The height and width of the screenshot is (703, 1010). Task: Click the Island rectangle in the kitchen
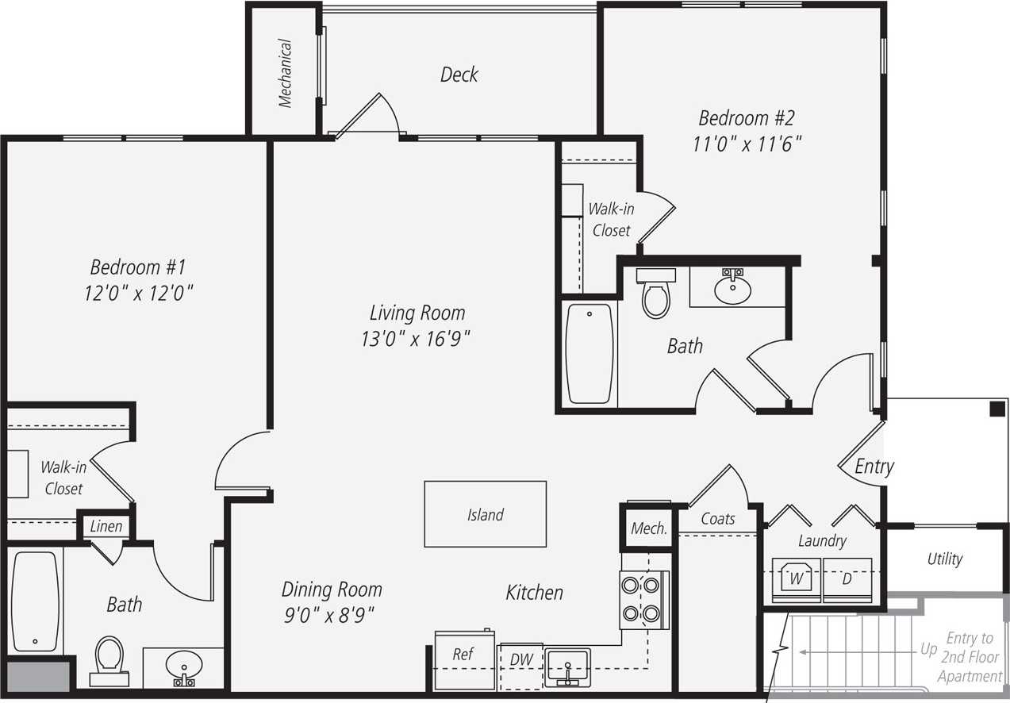[485, 514]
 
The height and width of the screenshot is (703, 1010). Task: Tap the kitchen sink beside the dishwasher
[567, 665]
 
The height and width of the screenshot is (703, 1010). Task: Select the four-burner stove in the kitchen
[641, 599]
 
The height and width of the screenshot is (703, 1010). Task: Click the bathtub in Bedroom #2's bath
[590, 353]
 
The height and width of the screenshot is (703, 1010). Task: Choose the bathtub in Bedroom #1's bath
[36, 600]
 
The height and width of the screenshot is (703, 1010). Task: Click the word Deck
[459, 75]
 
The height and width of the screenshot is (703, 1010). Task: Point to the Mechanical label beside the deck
[285, 74]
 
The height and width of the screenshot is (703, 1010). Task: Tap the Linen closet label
[106, 526]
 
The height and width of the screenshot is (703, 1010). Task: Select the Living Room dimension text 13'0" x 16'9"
[417, 339]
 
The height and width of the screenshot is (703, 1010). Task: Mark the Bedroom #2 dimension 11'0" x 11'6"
[745, 144]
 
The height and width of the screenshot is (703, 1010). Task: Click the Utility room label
[944, 559]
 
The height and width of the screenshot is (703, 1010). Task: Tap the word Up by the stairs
[928, 649]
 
